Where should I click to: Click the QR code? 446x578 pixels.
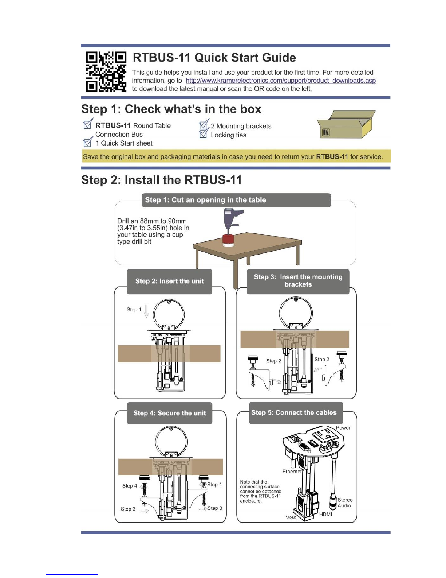pyautogui.click(x=106, y=71)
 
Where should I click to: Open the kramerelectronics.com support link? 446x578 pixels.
pyautogui.click(x=280, y=81)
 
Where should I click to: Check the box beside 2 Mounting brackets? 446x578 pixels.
pyautogui.click(x=203, y=126)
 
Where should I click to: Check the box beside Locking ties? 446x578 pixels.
pyautogui.click(x=203, y=135)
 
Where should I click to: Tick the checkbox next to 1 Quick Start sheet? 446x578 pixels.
pyautogui.click(x=87, y=143)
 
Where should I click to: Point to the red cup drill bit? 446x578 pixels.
pyautogui.click(x=228, y=239)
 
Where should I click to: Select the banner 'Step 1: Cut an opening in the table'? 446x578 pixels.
pyautogui.click(x=236, y=200)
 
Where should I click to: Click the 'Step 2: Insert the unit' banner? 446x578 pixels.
pyautogui.click(x=169, y=281)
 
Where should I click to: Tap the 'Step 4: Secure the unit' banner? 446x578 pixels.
pyautogui.click(x=169, y=413)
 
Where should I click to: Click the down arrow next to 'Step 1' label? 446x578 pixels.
pyautogui.click(x=146, y=311)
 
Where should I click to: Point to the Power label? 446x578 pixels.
pyautogui.click(x=343, y=428)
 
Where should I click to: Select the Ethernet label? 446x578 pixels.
pyautogui.click(x=292, y=471)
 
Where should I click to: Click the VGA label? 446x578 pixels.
pyautogui.click(x=291, y=517)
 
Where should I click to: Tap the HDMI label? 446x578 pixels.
pyautogui.click(x=325, y=514)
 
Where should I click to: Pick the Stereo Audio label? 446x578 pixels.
pyautogui.click(x=344, y=503)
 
